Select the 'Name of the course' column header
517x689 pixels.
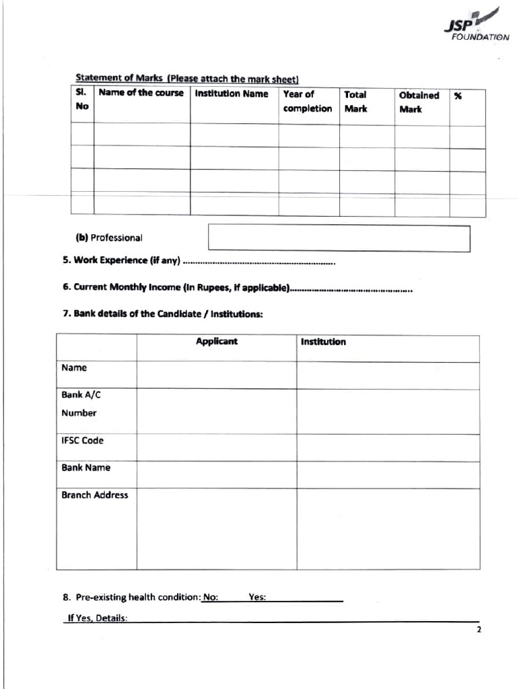[x=141, y=94]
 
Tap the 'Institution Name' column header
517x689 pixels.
[x=232, y=94]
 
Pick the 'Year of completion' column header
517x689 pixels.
[x=308, y=102]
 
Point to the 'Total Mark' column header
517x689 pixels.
[x=355, y=102]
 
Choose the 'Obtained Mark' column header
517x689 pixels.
[x=419, y=102]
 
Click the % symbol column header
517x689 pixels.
[x=458, y=96]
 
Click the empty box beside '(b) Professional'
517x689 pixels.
[x=339, y=238]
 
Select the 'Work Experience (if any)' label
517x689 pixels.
[x=122, y=260]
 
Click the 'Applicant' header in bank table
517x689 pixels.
[x=217, y=342]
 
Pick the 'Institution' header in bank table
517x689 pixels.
[x=323, y=342]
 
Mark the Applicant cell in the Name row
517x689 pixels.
[x=217, y=375]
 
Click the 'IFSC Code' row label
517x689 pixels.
[x=83, y=441]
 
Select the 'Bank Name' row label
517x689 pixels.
[x=86, y=468]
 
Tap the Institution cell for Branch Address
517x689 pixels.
[x=388, y=528]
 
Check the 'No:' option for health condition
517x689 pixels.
[x=211, y=596]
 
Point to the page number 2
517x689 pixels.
[x=479, y=630]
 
